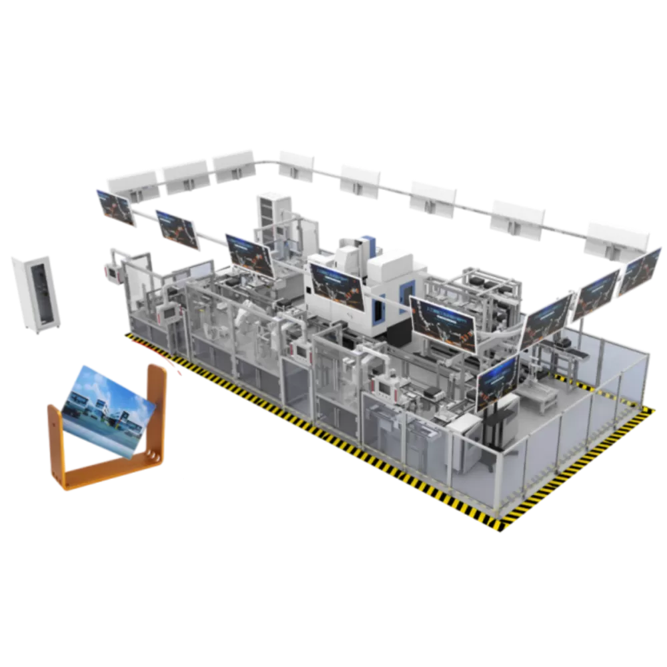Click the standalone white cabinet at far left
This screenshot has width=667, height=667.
[35, 293]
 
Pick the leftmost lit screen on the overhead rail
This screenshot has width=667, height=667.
[115, 208]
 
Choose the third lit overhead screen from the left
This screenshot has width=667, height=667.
[249, 254]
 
